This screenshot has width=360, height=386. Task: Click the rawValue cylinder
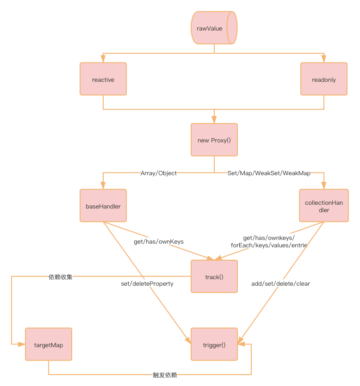pos(214,28)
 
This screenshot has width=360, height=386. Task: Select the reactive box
pos(103,80)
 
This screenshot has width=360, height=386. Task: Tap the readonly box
pos(324,80)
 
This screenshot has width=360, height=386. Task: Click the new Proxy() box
pos(214,140)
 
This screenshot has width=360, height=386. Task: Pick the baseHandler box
pos(103,206)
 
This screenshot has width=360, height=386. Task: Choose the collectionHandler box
pos(323,206)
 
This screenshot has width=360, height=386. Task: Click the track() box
pos(214,277)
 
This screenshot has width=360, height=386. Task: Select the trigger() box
pos(214,344)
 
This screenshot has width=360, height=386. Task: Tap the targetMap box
pos(48,345)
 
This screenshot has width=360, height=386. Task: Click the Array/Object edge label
pos(159,173)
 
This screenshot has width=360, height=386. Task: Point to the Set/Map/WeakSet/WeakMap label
pos(269,173)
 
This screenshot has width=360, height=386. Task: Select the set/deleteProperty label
pos(147,283)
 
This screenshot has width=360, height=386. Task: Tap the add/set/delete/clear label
pos(280,283)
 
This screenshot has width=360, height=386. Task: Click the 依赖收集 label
pos(60,277)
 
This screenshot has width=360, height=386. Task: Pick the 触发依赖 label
pos(165,374)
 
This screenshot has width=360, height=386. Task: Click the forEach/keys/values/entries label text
pos(269,245)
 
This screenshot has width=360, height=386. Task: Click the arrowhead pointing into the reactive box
pos(103,60)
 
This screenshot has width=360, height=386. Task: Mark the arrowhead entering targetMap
pos(22,345)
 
